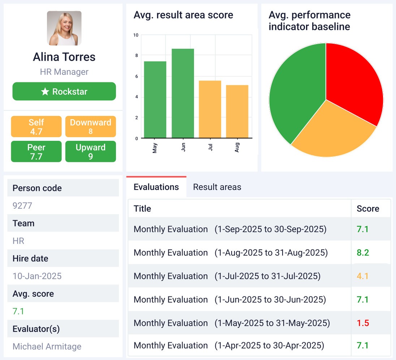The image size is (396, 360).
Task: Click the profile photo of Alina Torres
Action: click(64, 28)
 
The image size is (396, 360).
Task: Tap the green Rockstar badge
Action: click(64, 91)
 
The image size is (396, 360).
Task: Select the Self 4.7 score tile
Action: click(36, 126)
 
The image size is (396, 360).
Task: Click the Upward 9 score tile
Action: click(90, 152)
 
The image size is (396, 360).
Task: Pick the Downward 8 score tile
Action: click(90, 126)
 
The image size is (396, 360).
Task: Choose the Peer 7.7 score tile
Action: click(36, 152)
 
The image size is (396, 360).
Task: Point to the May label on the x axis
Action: click(155, 147)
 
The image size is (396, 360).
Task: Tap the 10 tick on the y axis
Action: click(136, 35)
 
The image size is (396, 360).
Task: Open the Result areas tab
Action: click(217, 187)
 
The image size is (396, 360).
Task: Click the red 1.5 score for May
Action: click(363, 323)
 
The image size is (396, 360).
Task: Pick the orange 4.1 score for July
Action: click(363, 276)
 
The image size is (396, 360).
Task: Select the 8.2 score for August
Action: click(363, 253)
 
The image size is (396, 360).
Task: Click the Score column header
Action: click(368, 209)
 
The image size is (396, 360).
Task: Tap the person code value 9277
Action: click(22, 206)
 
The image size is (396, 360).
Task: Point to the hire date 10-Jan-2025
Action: click(37, 276)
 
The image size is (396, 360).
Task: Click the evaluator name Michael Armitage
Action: click(47, 347)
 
